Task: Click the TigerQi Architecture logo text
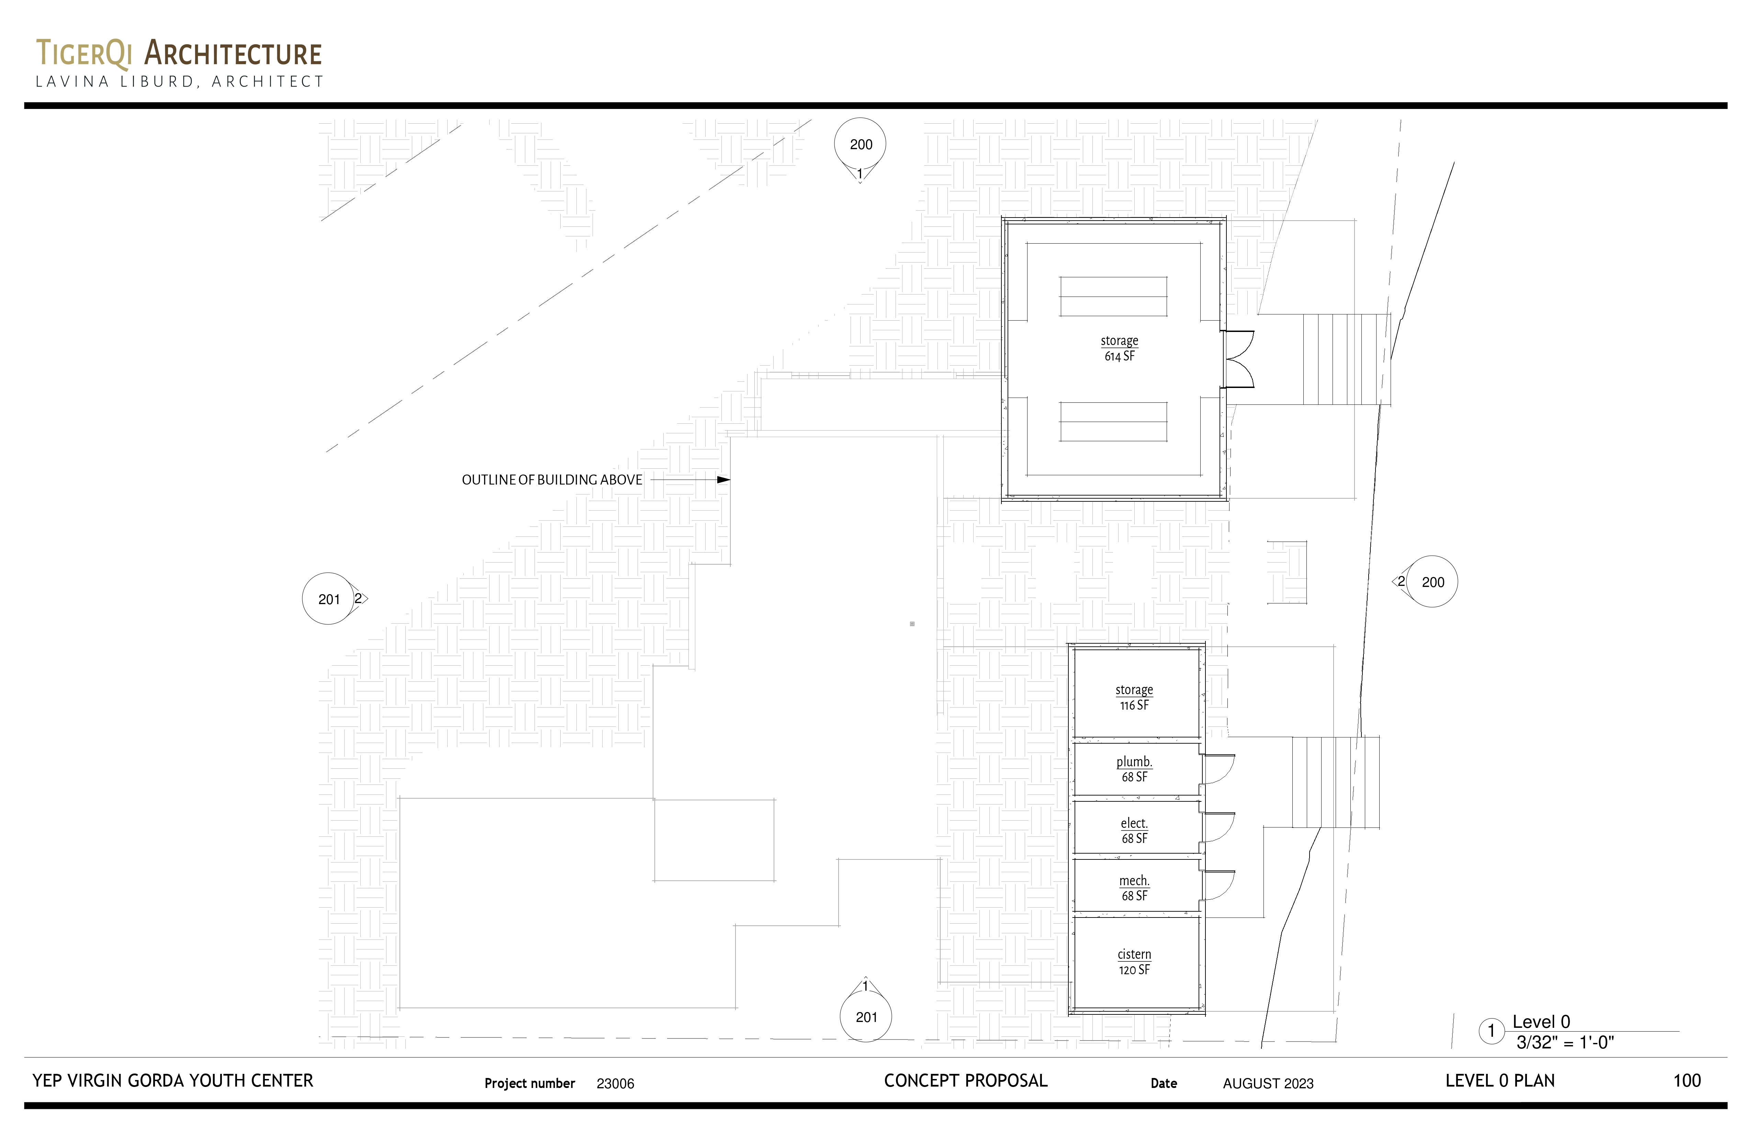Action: [x=179, y=54]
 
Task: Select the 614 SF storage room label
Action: [x=1119, y=348]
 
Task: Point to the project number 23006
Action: [x=615, y=1083]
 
